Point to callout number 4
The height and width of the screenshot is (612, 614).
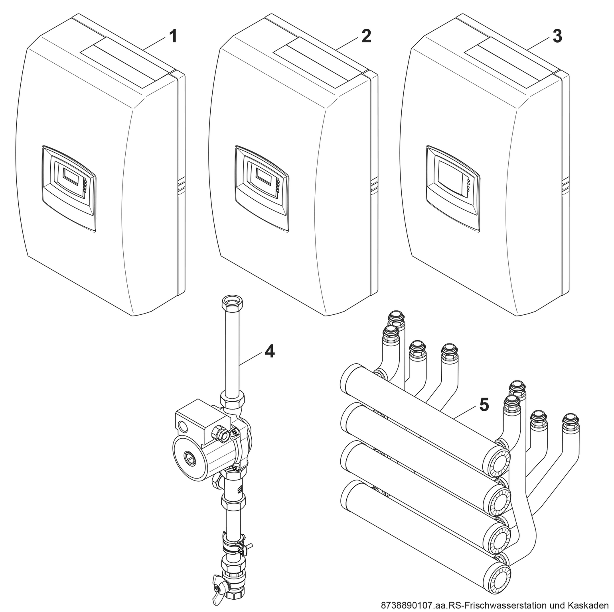pyautogui.click(x=270, y=351)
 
